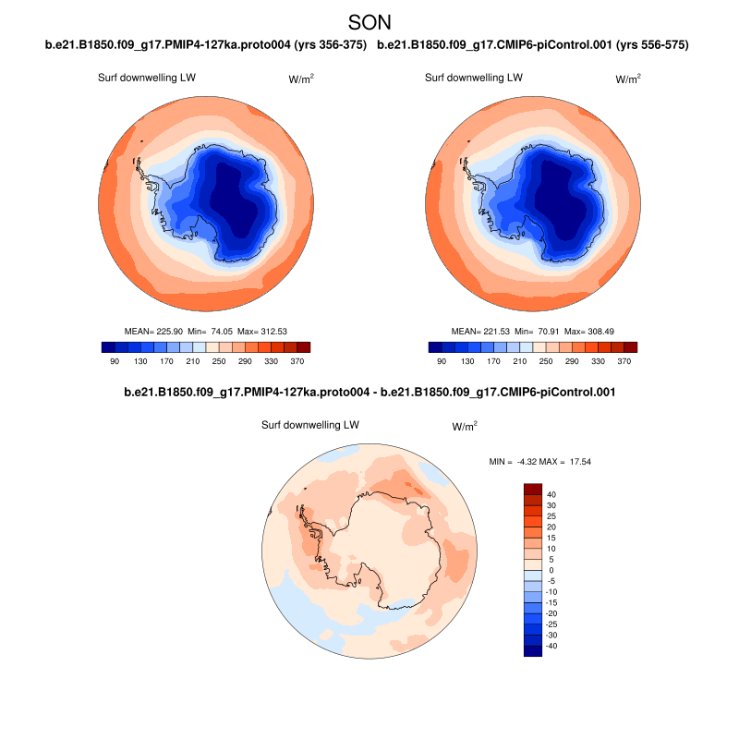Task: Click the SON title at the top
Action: [369, 21]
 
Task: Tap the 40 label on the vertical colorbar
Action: [551, 494]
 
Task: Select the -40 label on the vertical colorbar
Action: [551, 646]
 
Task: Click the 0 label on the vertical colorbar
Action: [551, 570]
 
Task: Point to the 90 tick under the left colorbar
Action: [115, 361]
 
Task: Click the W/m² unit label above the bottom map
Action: [465, 427]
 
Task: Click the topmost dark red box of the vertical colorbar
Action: [533, 489]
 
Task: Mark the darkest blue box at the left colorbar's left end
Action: [109, 347]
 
